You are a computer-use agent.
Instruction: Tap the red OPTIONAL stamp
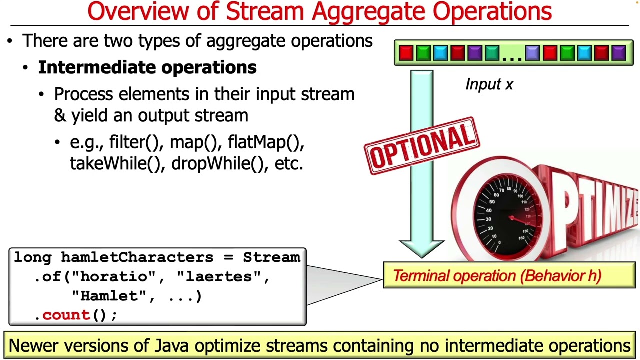pyautogui.click(x=422, y=145)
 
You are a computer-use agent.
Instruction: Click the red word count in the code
pyautogui.click(x=65, y=315)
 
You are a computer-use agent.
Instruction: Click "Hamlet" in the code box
pyautogui.click(x=109, y=296)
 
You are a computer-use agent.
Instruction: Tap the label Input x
pyautogui.click(x=489, y=84)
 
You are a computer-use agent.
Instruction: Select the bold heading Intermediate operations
pyautogui.click(x=147, y=68)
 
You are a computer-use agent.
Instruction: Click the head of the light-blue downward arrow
pyautogui.click(x=422, y=248)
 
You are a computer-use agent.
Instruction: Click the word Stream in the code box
pyautogui.click(x=271, y=258)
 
